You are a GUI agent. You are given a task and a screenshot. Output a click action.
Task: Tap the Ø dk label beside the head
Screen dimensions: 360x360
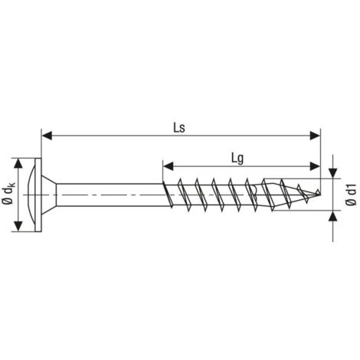pyautogui.click(x=8, y=193)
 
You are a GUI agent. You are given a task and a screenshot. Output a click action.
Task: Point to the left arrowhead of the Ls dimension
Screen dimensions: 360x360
pyautogui.click(x=45, y=135)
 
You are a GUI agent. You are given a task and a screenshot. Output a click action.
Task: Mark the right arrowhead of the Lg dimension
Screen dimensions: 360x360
pyautogui.click(x=315, y=165)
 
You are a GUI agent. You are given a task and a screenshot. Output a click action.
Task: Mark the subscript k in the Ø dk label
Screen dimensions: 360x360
pyautogui.click(x=9, y=182)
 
